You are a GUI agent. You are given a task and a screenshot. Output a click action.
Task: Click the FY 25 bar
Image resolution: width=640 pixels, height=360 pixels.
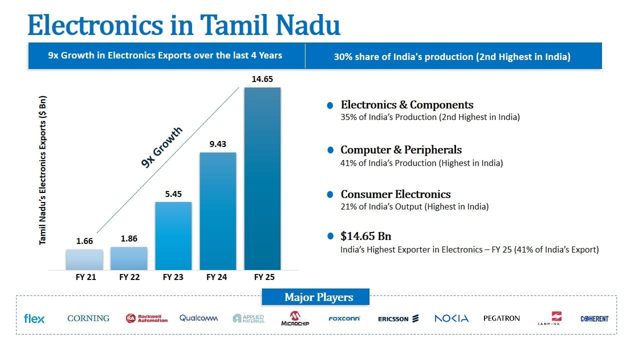262,178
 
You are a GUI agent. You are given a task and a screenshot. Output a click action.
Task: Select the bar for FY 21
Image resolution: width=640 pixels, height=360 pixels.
84,259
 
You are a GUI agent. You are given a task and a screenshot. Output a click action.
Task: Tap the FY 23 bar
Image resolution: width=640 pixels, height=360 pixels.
173,235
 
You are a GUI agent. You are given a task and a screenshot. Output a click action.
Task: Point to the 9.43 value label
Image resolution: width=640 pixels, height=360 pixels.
217,144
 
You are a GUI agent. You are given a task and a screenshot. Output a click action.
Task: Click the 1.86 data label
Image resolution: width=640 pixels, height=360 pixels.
129,238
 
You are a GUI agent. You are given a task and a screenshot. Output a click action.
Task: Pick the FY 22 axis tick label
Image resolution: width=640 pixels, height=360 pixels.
129,277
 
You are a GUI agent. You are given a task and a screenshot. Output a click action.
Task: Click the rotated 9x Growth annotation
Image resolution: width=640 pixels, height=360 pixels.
162,147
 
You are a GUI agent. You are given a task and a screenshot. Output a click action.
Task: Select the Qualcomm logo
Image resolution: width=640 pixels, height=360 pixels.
198,318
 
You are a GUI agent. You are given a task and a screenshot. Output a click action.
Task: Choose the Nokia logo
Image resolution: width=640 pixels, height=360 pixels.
451,318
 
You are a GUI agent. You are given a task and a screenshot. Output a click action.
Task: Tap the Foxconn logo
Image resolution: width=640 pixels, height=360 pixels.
344,318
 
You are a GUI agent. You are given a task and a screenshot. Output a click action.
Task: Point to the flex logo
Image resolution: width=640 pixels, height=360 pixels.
34,318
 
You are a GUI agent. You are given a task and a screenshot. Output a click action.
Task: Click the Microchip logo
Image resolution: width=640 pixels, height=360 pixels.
295,318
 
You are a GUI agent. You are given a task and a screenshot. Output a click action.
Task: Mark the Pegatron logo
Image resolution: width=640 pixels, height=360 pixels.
501,318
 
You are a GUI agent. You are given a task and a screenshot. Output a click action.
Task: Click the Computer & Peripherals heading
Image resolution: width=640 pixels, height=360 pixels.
401,149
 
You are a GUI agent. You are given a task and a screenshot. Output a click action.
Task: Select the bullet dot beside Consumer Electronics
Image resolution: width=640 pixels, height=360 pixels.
330,194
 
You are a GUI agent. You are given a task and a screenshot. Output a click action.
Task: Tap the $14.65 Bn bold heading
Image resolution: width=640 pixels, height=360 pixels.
365,236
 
